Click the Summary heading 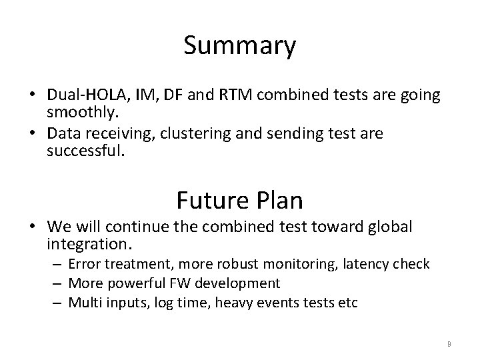click(240, 46)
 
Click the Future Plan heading click(239, 199)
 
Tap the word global click(391, 227)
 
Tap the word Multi click(84, 303)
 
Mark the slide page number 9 click(449, 344)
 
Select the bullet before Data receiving click(34, 134)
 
